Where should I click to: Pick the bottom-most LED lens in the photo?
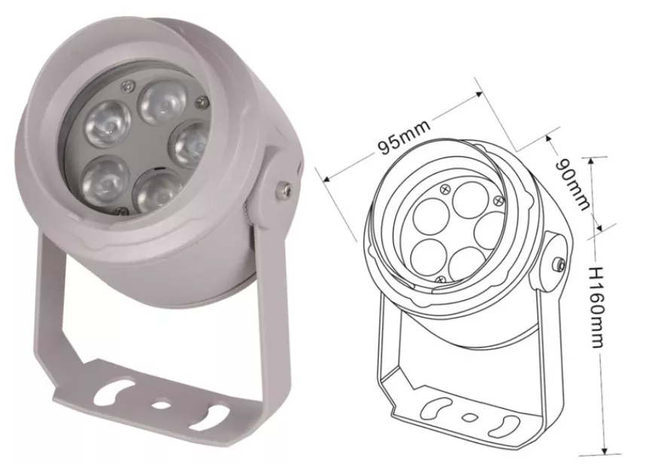[x=158, y=191]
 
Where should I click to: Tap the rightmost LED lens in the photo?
[x=189, y=145]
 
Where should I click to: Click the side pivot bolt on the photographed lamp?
[x=284, y=189]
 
